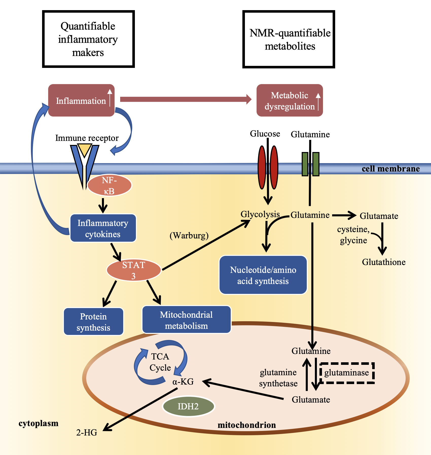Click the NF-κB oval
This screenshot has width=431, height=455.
pos(110,185)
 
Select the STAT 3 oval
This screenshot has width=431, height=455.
pos(134,270)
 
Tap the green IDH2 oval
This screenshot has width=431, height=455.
pos(188,406)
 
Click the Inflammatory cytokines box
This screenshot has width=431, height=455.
pos(103,228)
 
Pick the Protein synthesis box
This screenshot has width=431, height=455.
pos(94,322)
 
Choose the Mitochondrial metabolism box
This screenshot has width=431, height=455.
pos(186,320)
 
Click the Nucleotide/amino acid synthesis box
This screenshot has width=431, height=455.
pos(263,275)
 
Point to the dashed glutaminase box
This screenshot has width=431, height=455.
pos(347,373)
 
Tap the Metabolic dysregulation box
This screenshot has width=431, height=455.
pos(290,101)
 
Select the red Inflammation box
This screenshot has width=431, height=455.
pos(81,101)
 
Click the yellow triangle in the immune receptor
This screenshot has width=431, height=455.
pos(84,149)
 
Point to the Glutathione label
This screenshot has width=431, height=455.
pos(384,262)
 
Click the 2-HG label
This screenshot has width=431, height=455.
pos(87,432)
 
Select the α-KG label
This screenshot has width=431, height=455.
pos(183,381)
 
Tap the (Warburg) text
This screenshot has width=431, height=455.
pos(189,235)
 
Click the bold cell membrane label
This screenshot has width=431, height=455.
pos(391,169)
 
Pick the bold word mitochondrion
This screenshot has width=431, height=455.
pos(247,425)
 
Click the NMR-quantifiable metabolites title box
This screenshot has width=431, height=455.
pos(289,40)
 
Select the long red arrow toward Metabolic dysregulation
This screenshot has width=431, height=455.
pos(185,99)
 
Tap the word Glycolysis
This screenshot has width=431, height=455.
pos(260,214)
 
